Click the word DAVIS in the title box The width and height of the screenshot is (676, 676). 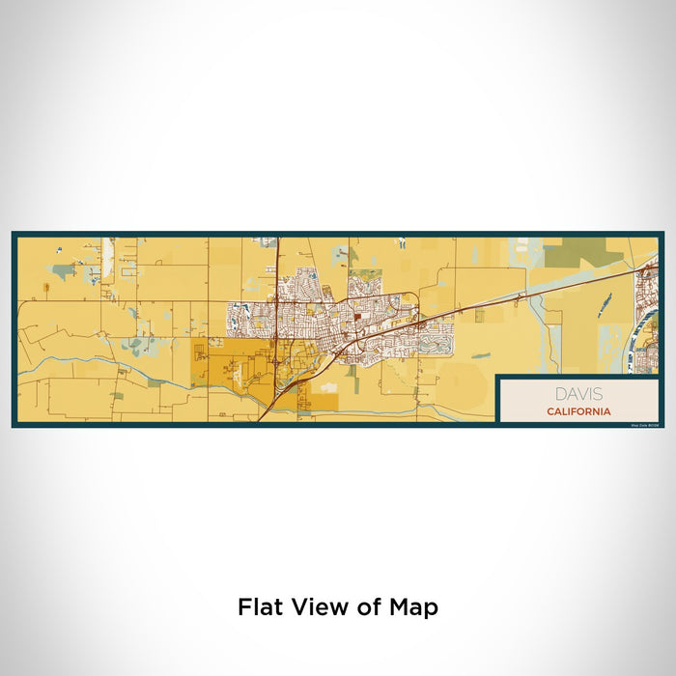point(577,393)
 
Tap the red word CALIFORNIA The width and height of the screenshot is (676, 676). point(577,410)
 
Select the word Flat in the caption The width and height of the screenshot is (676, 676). point(259,607)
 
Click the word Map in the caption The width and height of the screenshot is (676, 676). point(415,607)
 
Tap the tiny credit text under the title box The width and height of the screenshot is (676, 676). point(643,424)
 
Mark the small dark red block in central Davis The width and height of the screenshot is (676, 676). point(356,315)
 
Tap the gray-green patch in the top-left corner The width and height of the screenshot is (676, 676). point(64,271)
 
